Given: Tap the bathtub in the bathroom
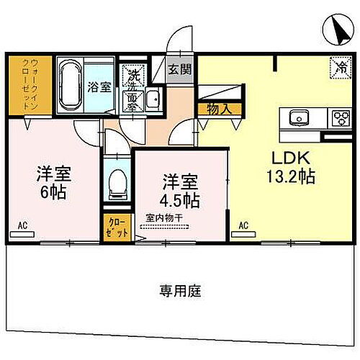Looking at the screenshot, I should [68, 85].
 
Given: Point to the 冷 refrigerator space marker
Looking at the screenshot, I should [338, 66].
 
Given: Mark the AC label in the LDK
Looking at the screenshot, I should [243, 226].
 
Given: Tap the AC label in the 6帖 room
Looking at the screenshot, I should [24, 226].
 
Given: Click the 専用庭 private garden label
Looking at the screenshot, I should [180, 291].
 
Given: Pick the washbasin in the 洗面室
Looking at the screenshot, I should [152, 100].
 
